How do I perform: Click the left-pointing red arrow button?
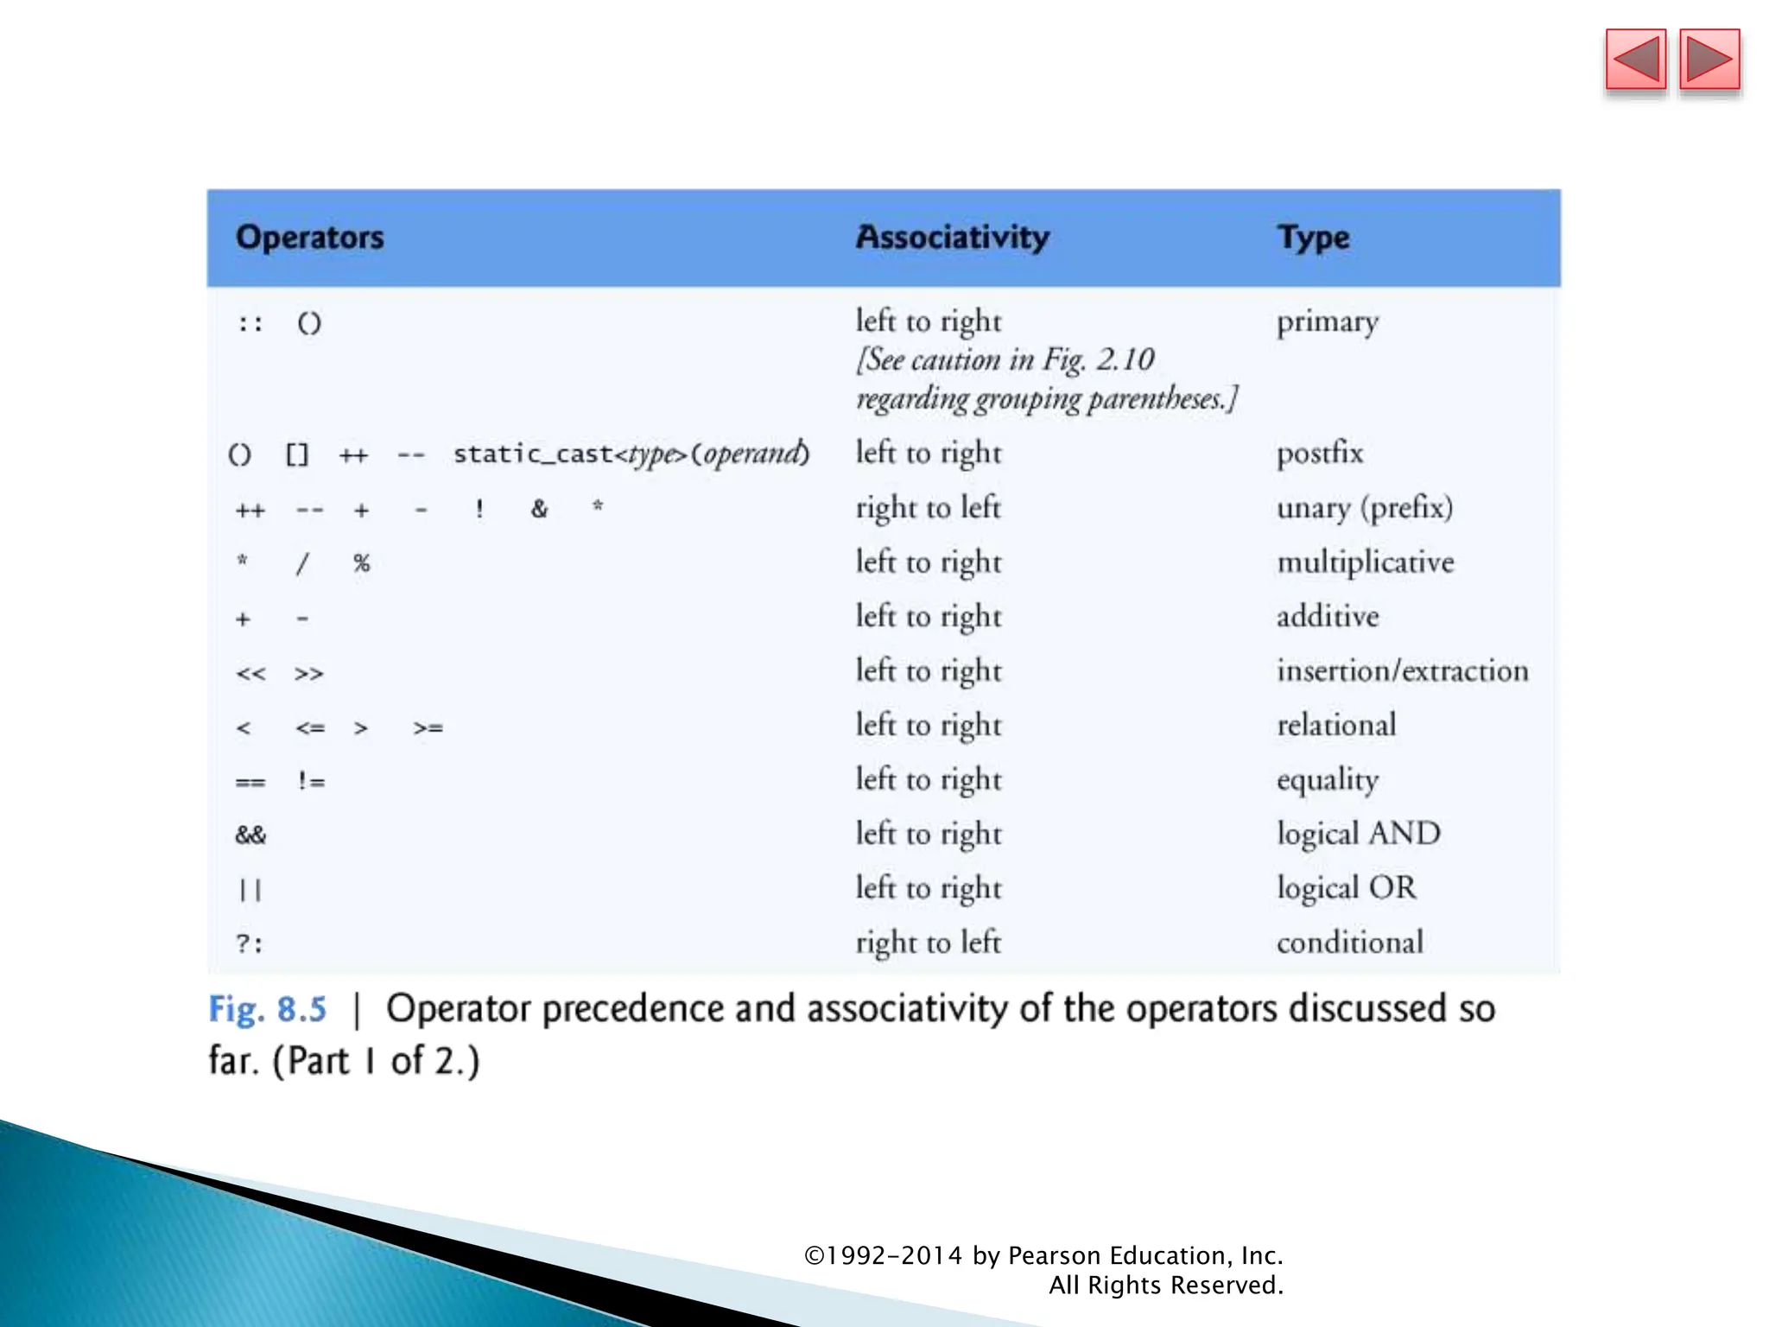click(x=1635, y=60)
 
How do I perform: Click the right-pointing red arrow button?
click(x=1709, y=60)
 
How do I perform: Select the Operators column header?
click(x=309, y=238)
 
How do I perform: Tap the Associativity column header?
click(x=952, y=238)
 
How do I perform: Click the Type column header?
click(x=1313, y=238)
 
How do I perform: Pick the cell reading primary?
click(x=1328, y=322)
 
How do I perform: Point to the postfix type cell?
click(x=1320, y=453)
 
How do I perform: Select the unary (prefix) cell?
click(x=1365, y=507)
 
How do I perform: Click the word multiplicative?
click(x=1366, y=562)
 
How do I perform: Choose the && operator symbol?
click(x=250, y=835)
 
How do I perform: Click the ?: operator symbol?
click(x=250, y=943)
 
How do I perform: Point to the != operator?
click(x=311, y=782)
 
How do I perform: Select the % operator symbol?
click(x=362, y=563)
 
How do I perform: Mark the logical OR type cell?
click(x=1347, y=888)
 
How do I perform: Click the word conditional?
click(x=1350, y=943)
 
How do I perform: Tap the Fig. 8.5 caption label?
click(x=268, y=1009)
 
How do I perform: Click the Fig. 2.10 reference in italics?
click(x=1098, y=359)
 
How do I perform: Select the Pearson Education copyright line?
click(x=1043, y=1255)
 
